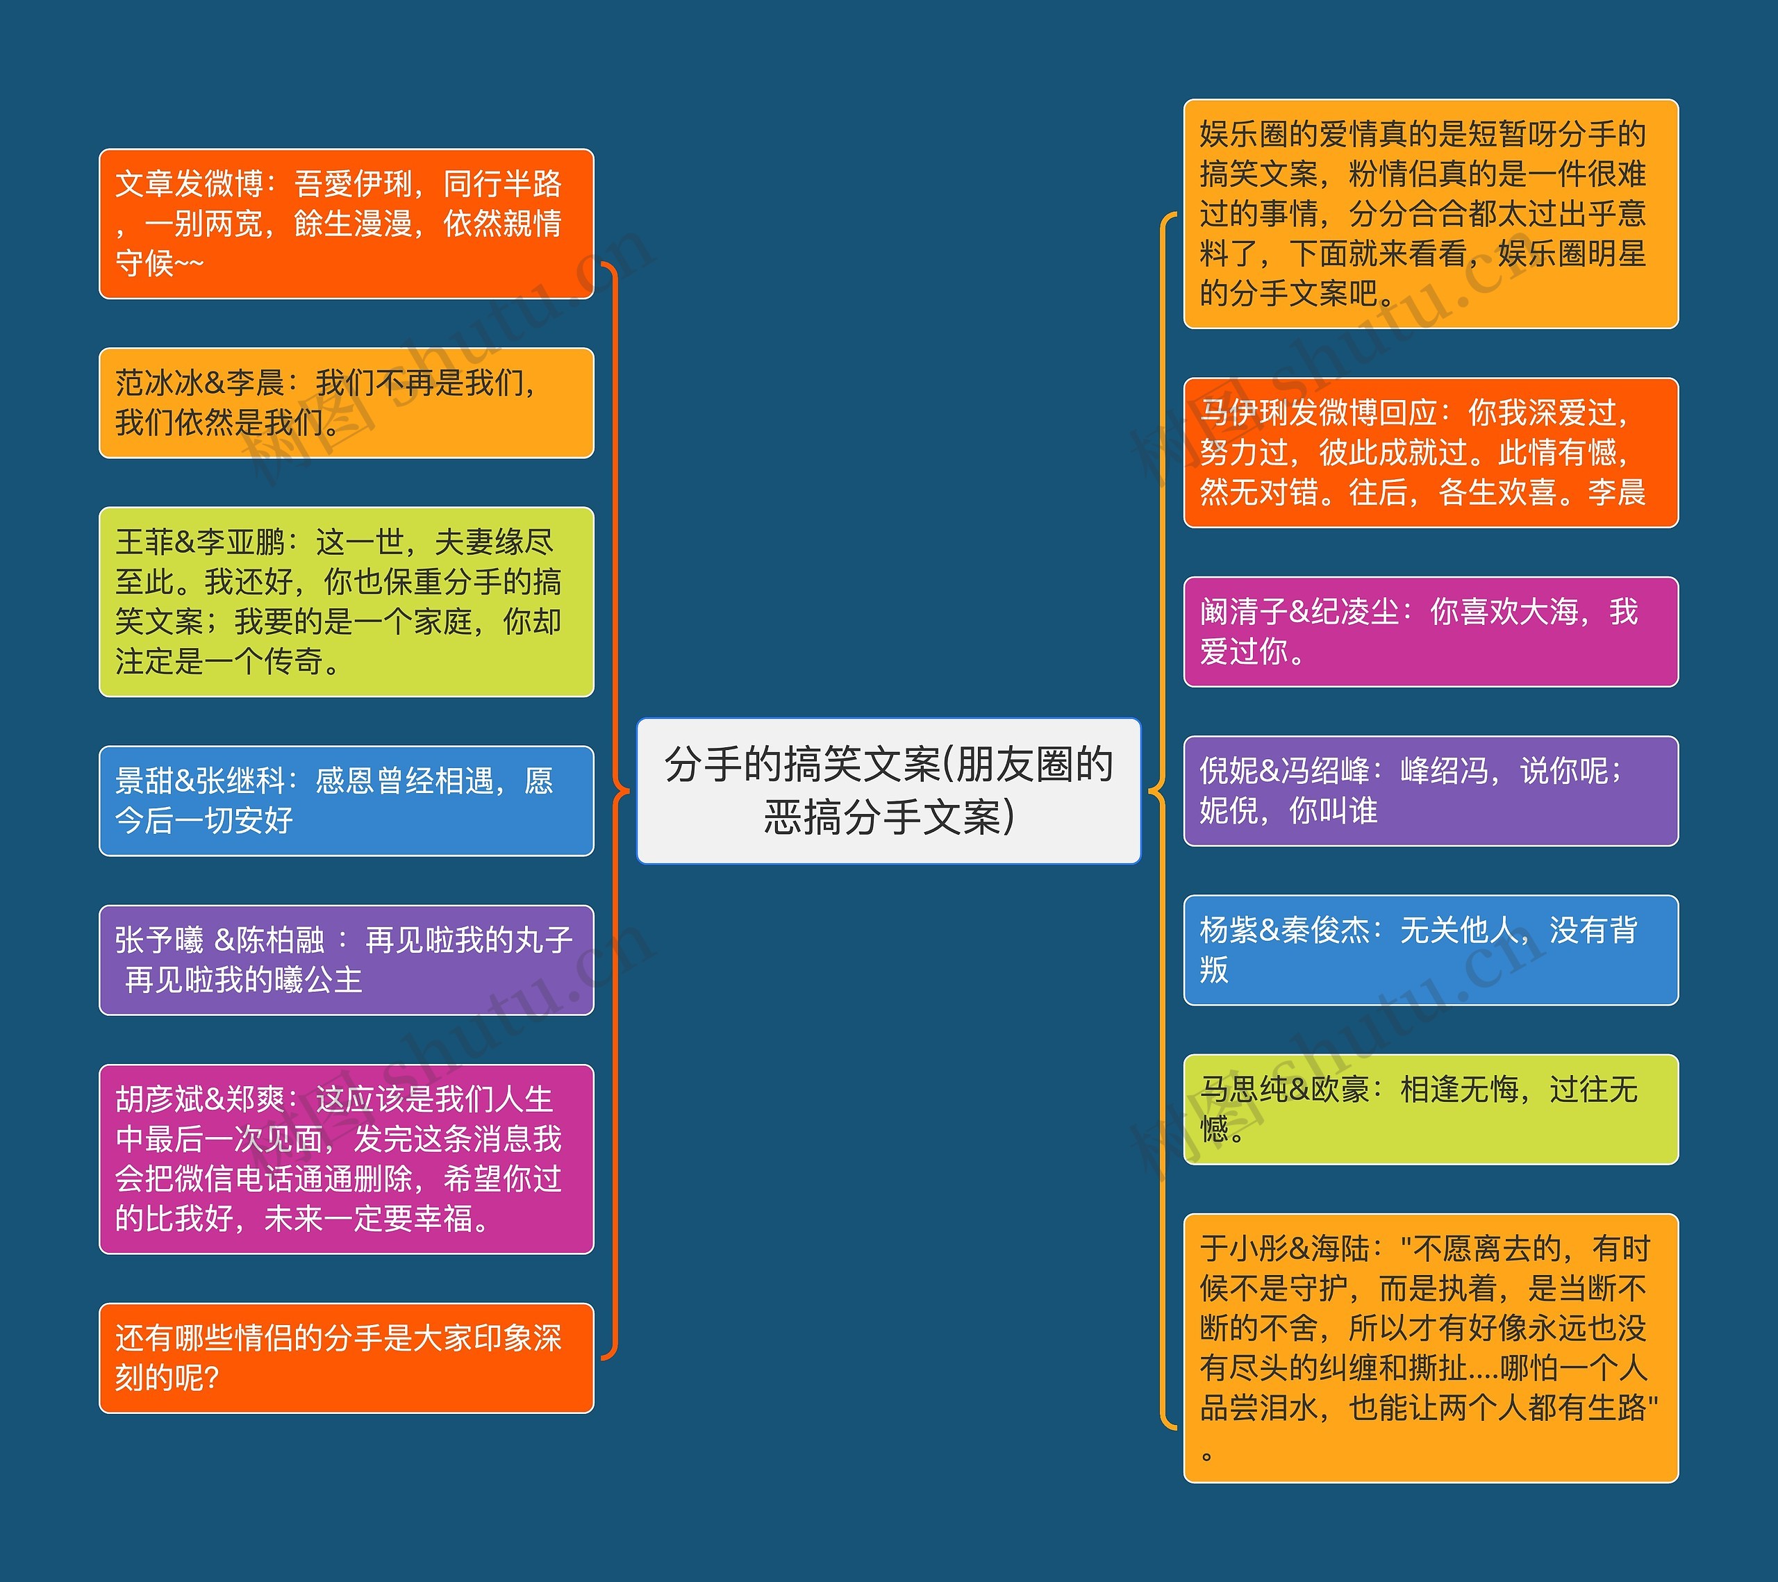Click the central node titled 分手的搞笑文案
pyautogui.click(x=888, y=790)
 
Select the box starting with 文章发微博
pyautogui.click(x=346, y=224)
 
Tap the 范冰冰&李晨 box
pyautogui.click(x=346, y=403)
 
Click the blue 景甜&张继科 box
pyautogui.click(x=346, y=801)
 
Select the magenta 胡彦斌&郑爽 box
pyautogui.click(x=346, y=1159)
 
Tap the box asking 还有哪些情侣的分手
pyautogui.click(x=346, y=1358)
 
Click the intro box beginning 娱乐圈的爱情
pyautogui.click(x=1431, y=214)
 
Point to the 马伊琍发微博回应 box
pyautogui.click(x=1431, y=452)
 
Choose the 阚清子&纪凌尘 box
pyautogui.click(x=1431, y=631)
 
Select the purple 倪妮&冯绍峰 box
pyautogui.click(x=1431, y=790)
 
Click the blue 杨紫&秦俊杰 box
pyautogui.click(x=1431, y=950)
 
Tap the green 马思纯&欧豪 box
pyautogui.click(x=1431, y=1109)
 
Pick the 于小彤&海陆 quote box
pyautogui.click(x=1431, y=1348)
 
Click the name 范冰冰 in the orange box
pyautogui.click(x=159, y=383)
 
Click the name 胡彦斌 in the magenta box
pyautogui.click(x=159, y=1099)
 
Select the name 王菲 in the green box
pyautogui.click(x=144, y=542)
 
